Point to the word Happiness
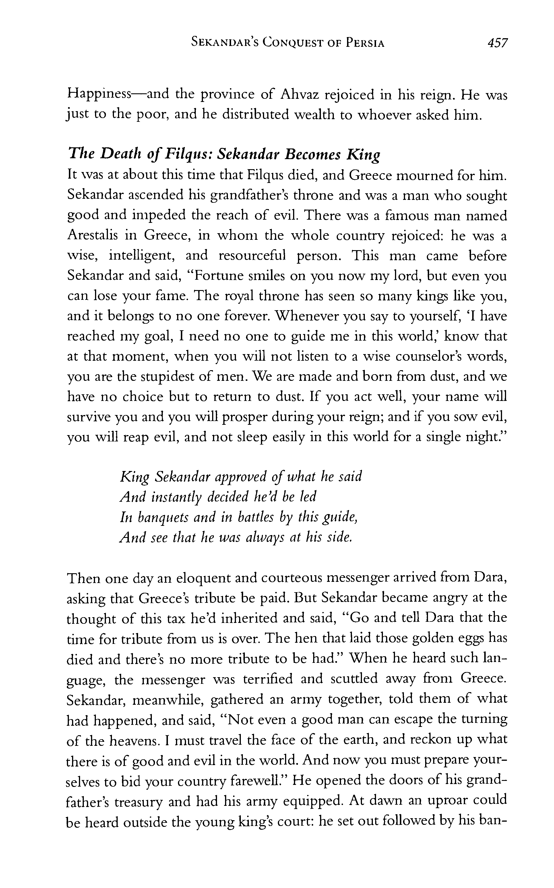tap(99, 95)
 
